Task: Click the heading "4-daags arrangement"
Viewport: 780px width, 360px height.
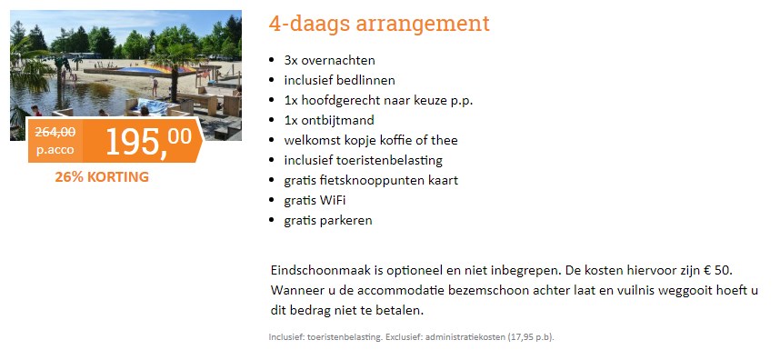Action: [379, 24]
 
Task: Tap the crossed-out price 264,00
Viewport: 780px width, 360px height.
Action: [55, 132]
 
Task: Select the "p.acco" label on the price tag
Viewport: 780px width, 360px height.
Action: [55, 150]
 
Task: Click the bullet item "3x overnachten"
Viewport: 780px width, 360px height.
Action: [329, 60]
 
